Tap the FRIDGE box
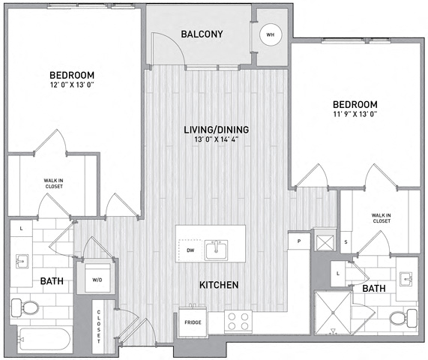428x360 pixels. coord(191,321)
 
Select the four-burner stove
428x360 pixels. coord(238,322)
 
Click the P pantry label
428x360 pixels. coord(298,242)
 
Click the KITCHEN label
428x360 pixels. coord(219,286)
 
